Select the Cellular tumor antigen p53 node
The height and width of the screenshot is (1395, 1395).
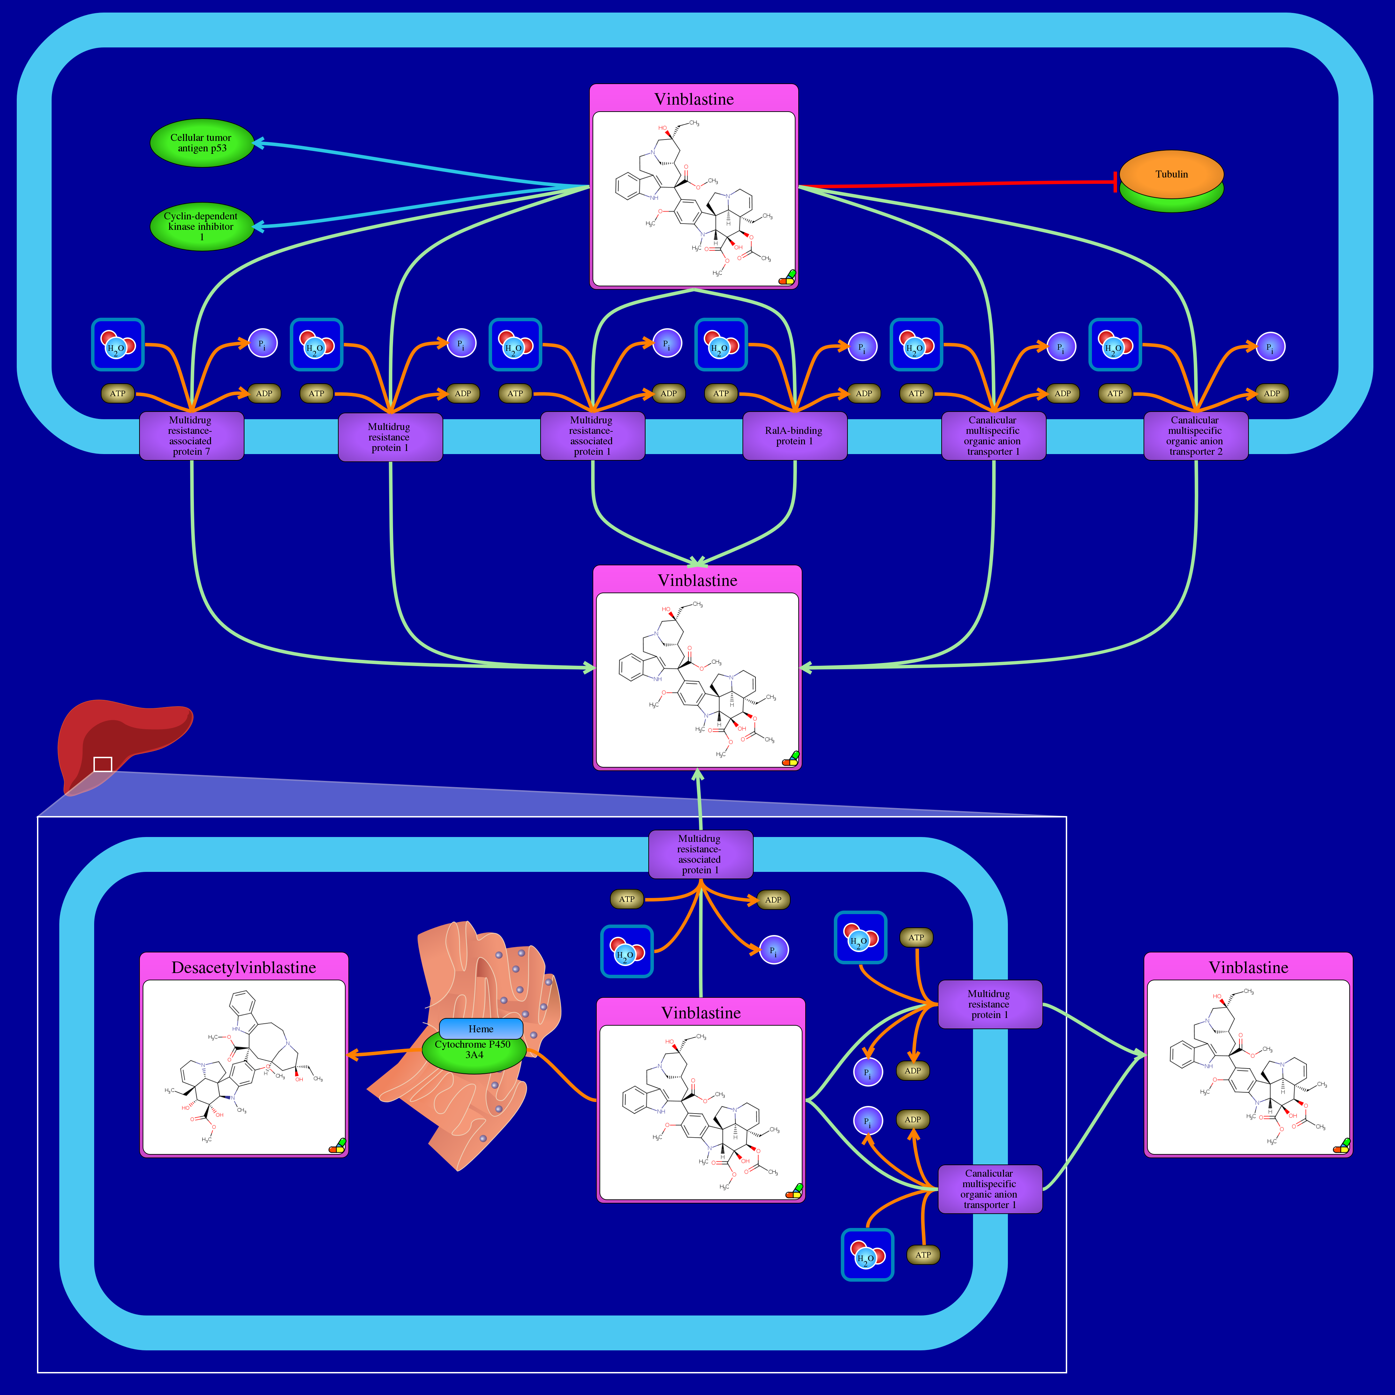[202, 143]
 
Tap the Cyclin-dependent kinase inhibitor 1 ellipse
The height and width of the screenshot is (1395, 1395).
[202, 226]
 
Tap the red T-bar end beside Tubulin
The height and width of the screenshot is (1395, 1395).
[1116, 182]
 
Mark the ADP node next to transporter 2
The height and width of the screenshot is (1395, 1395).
[1272, 393]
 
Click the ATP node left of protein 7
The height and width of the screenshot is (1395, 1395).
[118, 393]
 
